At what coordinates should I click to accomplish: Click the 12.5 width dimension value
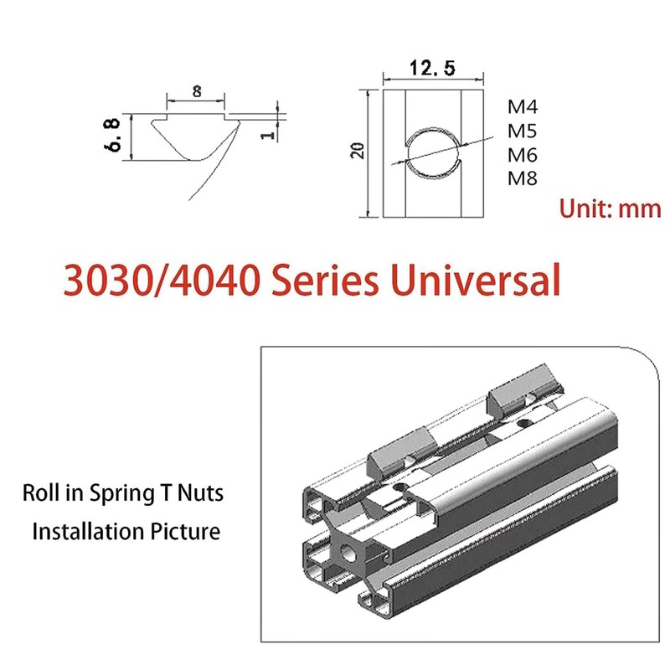click(432, 69)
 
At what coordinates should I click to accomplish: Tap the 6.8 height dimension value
click(111, 135)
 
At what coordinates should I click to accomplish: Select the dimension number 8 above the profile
click(197, 91)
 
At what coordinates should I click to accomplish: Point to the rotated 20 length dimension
click(358, 151)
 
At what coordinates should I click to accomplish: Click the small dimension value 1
click(268, 135)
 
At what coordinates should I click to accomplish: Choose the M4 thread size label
click(523, 106)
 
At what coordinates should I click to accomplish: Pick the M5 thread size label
click(522, 131)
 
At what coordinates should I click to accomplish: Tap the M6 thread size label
click(522, 154)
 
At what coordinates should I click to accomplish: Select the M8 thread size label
click(522, 178)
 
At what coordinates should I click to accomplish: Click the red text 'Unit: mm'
click(611, 209)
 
